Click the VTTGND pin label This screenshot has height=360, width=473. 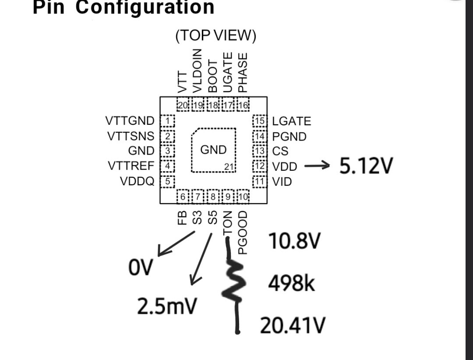130,121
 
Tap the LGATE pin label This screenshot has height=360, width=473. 292,121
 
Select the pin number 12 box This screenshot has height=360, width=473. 260,166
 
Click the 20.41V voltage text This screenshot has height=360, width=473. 293,325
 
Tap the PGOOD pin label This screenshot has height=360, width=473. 242,232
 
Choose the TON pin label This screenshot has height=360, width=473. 227,224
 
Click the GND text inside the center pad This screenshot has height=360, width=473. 213,150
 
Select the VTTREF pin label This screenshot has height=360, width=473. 131,166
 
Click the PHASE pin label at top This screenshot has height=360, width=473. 242,72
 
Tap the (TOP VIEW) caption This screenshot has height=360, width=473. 215,36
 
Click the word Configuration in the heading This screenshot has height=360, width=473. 145,7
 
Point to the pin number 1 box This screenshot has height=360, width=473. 168,121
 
